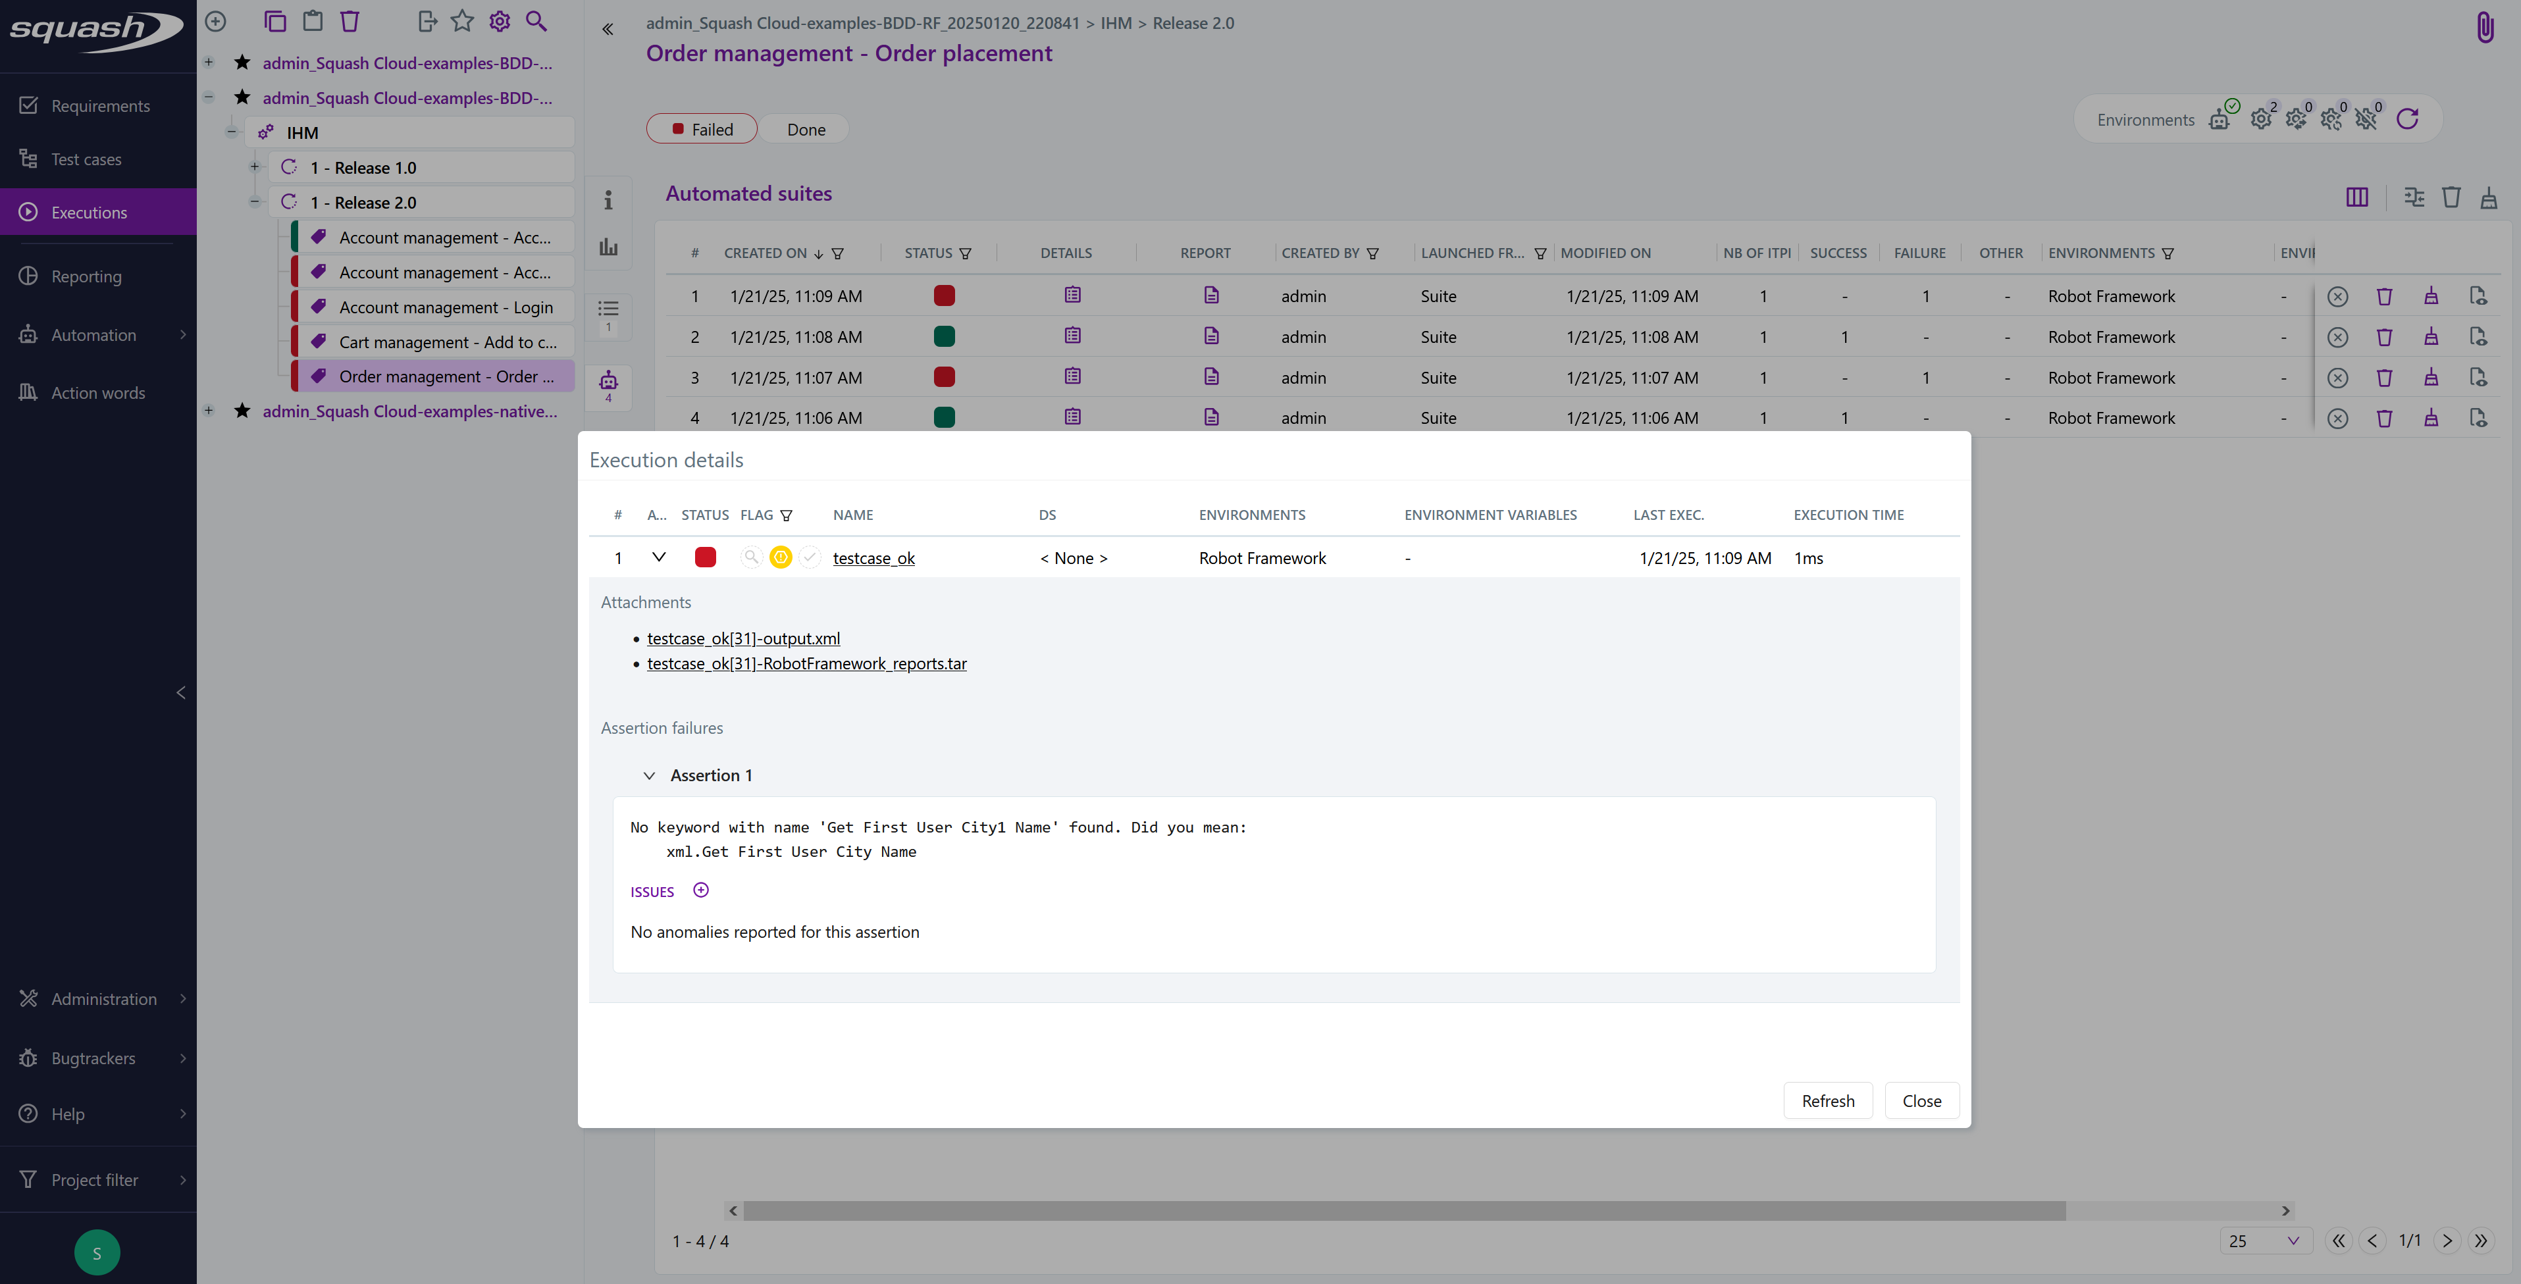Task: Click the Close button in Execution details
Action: pos(1921,1101)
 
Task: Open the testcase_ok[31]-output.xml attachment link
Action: pos(742,638)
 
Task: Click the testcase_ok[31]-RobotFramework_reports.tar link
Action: pos(806,663)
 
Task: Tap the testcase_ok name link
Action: pos(873,558)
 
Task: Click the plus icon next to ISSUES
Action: pos(701,890)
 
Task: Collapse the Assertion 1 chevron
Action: pos(649,775)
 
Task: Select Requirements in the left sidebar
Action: pos(100,106)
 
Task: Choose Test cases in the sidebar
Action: pos(86,159)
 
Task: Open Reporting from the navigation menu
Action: pos(86,276)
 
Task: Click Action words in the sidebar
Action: pos(98,392)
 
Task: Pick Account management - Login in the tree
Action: pos(445,307)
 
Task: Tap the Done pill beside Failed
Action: pos(806,129)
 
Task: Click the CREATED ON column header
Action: pos(766,253)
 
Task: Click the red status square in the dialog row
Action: pos(704,558)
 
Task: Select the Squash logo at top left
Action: pos(95,30)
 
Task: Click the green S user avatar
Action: pos(97,1252)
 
